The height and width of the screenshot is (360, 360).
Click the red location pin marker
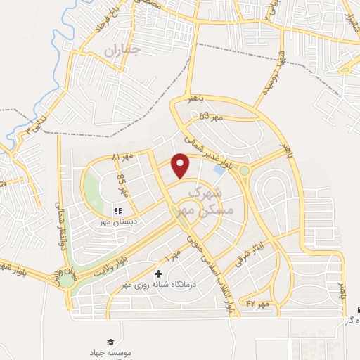point(181,165)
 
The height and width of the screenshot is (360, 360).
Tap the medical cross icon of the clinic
point(157,274)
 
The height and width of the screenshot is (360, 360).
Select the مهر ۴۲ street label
point(259,304)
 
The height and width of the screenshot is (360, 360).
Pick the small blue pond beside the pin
point(220,169)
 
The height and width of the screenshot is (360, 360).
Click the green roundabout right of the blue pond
point(245,170)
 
